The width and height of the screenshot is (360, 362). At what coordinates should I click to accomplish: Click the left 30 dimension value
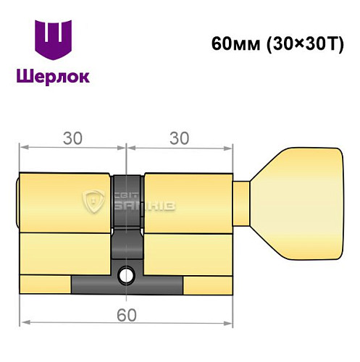coord(71,137)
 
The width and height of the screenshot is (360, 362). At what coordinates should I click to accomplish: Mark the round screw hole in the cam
coord(127,275)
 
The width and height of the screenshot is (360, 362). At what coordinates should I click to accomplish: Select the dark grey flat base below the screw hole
coord(127,287)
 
